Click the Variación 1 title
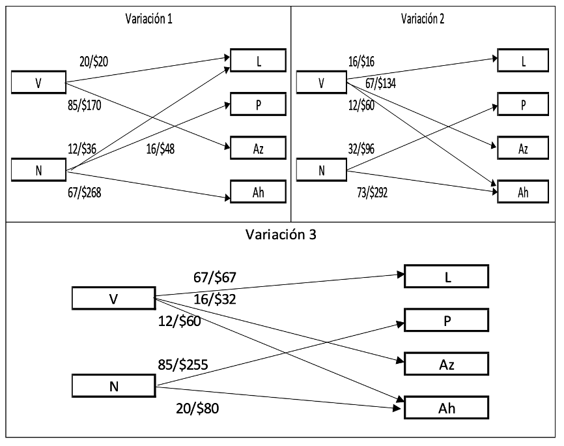coord(148,19)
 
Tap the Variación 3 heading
coord(281,235)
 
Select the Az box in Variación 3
coord(446,363)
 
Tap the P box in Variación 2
coord(523,104)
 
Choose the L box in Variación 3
coord(446,276)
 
